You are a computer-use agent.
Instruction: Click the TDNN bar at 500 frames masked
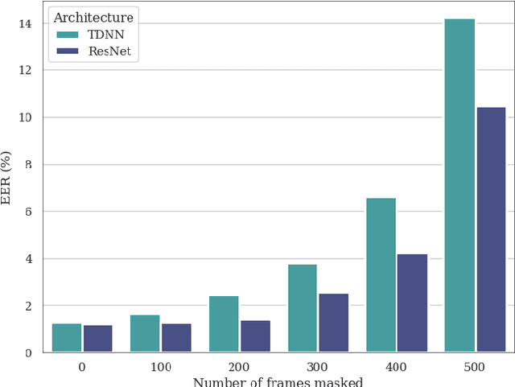pyautogui.click(x=459, y=185)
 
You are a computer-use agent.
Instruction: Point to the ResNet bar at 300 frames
pyautogui.click(x=334, y=323)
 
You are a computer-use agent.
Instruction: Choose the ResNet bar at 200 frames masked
pyautogui.click(x=255, y=336)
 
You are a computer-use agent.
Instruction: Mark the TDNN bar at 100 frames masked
pyautogui.click(x=145, y=333)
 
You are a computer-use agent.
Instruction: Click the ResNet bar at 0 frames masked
pyautogui.click(x=98, y=339)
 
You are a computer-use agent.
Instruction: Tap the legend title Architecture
pyautogui.click(x=93, y=17)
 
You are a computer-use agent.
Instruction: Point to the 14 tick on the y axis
pyautogui.click(x=25, y=23)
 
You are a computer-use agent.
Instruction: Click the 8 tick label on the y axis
pyautogui.click(x=28, y=165)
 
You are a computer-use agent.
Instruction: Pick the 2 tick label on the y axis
pyautogui.click(x=28, y=307)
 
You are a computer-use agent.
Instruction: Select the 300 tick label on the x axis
pyautogui.click(x=318, y=366)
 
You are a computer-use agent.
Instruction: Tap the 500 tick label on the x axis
pyautogui.click(x=475, y=366)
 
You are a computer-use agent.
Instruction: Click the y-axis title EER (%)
pyautogui.click(x=7, y=178)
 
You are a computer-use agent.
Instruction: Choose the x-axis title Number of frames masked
pyautogui.click(x=278, y=381)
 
